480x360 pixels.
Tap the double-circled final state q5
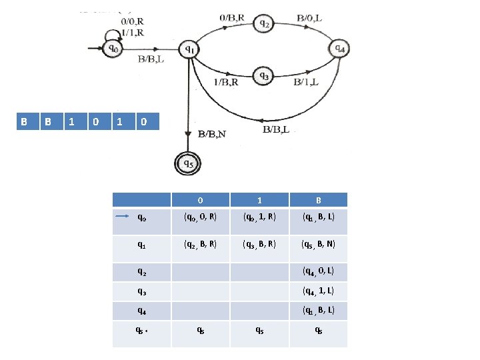point(187,163)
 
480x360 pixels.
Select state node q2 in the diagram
point(264,23)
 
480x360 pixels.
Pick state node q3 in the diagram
point(264,76)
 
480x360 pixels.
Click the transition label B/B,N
point(212,133)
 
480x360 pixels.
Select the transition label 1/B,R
point(230,82)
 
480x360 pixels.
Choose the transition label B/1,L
point(307,82)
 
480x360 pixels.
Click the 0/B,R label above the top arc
point(231,16)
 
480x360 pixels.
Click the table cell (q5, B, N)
point(318,243)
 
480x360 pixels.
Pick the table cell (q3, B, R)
point(259,243)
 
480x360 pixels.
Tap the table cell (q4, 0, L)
point(318,271)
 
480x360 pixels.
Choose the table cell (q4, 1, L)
point(318,291)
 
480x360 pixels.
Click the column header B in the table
point(318,199)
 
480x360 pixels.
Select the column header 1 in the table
point(259,199)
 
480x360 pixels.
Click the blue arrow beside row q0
point(123,216)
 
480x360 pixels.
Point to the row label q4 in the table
point(142,310)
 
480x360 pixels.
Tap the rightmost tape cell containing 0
point(143,122)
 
